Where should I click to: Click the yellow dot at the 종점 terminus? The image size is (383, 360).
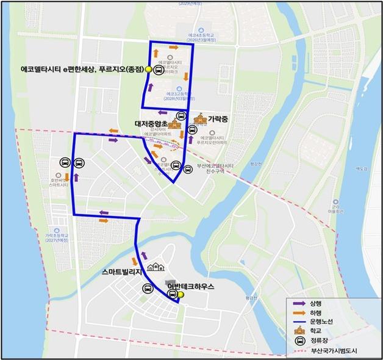pos(148,70)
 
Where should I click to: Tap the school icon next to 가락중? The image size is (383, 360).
pos(199,119)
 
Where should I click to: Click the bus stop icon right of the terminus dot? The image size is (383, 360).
pos(158,70)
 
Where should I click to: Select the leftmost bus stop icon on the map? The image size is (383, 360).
pos(65,163)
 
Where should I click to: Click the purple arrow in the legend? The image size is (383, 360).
pos(297,302)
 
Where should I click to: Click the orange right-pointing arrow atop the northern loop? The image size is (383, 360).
pos(174,47)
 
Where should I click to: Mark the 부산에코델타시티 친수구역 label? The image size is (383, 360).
pos(215,168)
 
